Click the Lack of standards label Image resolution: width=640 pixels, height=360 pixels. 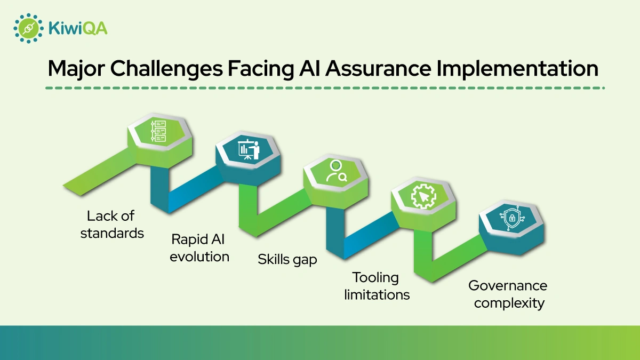pyautogui.click(x=111, y=225)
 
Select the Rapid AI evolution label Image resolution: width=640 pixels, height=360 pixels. pyautogui.click(x=199, y=247)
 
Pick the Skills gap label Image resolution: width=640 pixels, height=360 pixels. pyautogui.click(x=287, y=259)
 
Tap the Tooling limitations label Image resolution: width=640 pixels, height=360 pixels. pyautogui.click(x=377, y=286)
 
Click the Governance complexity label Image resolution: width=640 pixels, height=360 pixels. pyautogui.click(x=508, y=294)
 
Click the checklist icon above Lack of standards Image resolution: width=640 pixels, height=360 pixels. pyautogui.click(x=159, y=131)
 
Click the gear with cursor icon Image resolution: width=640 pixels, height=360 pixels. pyautogui.click(x=423, y=196)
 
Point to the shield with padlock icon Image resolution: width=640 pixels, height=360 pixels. pyautogui.click(x=511, y=218)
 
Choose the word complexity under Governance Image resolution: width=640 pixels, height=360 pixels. pyautogui.click(x=509, y=303)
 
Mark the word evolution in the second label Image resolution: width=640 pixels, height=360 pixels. pyautogui.click(x=199, y=257)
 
